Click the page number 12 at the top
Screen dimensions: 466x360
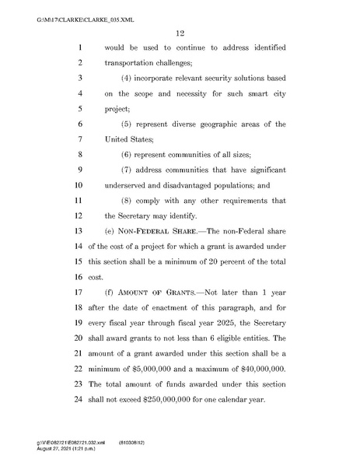coord(179,32)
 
